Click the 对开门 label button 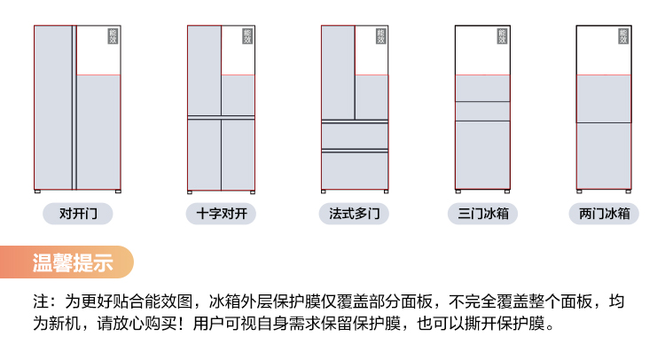pos(78,214)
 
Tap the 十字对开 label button pos(221,214)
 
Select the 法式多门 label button pos(355,214)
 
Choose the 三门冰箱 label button pos(482,214)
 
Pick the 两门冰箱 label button pos(604,214)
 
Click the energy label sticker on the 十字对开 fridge pos(247,36)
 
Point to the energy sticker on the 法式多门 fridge pos(380,36)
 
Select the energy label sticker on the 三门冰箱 pos(502,36)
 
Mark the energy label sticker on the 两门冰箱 pos(623,36)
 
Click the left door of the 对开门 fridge pos(53,107)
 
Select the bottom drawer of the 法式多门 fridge pos(355,169)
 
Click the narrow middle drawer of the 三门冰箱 pos(482,111)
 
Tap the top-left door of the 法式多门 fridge pos(338,72)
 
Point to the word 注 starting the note pos(41,301)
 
